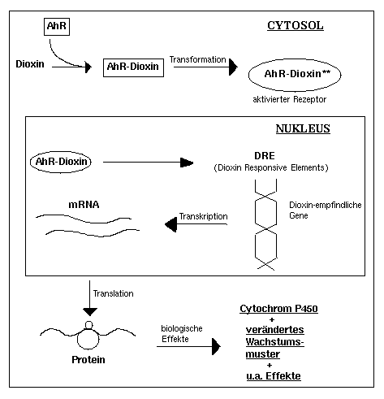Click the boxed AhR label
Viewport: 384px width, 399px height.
point(57,27)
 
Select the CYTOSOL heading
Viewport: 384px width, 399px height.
point(296,25)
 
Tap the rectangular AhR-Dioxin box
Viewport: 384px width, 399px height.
point(133,67)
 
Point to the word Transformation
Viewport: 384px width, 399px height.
point(197,59)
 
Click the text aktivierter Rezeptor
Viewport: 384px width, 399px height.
point(290,99)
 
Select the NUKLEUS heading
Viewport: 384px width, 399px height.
point(303,128)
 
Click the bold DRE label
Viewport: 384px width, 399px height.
point(265,155)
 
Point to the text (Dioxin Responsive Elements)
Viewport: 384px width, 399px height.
point(271,167)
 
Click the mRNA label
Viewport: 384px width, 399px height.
point(84,204)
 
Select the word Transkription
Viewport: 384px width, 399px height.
point(203,216)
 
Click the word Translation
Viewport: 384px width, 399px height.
point(113,293)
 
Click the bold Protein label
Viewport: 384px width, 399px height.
point(88,359)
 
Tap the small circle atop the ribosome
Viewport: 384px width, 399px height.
point(88,325)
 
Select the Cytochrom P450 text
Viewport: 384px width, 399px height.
point(278,309)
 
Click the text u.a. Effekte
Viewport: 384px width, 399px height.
point(274,376)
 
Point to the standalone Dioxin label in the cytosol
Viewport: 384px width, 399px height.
point(30,64)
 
